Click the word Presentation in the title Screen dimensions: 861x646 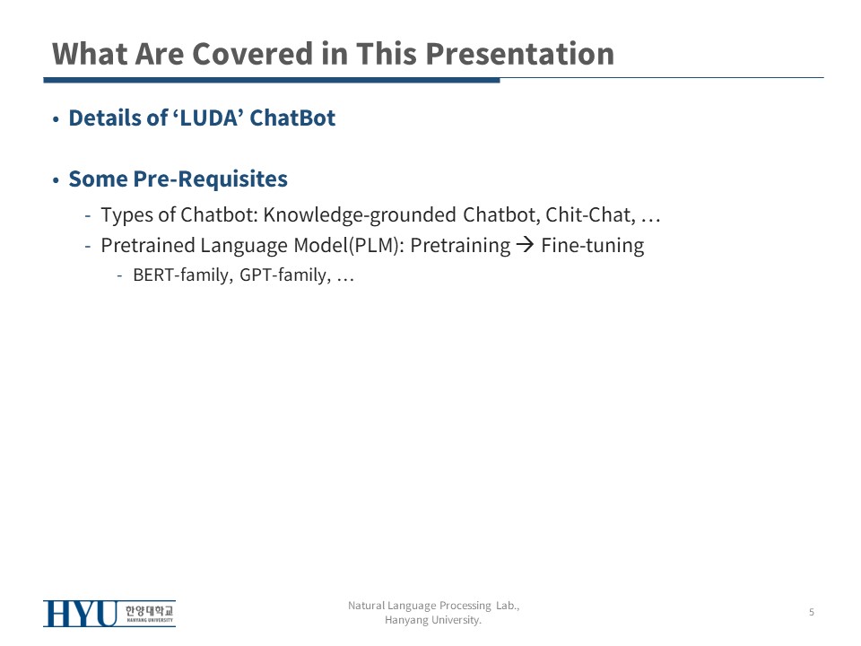[519, 54]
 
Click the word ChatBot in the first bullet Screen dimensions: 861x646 [292, 118]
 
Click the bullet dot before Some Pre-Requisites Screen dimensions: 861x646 [56, 180]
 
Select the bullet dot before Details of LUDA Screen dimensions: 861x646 [56, 118]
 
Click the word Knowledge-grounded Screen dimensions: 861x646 [360, 214]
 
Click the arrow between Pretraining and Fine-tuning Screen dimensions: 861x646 [525, 244]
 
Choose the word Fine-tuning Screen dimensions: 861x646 [593, 246]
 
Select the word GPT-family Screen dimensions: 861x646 [285, 275]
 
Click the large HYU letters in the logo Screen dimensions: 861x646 [81, 613]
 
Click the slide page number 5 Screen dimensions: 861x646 [812, 612]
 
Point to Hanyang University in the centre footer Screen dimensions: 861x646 [432, 620]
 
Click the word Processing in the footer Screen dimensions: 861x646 [465, 606]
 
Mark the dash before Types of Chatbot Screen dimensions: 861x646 [88, 215]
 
